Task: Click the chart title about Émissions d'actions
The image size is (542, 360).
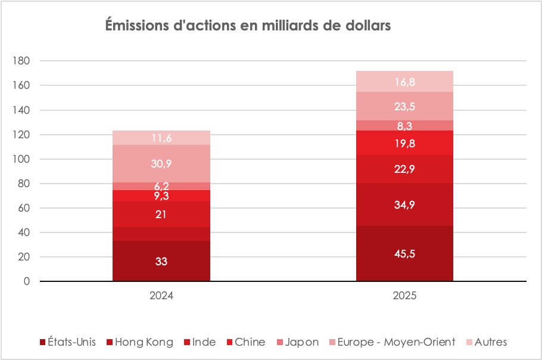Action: pyautogui.click(x=248, y=27)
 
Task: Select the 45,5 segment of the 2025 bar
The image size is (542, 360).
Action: pyautogui.click(x=404, y=253)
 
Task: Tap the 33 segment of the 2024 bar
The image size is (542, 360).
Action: pyautogui.click(x=161, y=261)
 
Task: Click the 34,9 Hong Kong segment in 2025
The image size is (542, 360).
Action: pyautogui.click(x=404, y=204)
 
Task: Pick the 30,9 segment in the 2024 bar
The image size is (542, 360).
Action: pyautogui.click(x=161, y=163)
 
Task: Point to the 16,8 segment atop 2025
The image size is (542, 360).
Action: pyautogui.click(x=404, y=82)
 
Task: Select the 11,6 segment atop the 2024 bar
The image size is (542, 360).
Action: pyautogui.click(x=161, y=138)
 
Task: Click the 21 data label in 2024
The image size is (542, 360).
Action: pyautogui.click(x=161, y=215)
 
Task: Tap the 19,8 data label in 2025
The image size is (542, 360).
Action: pyautogui.click(x=404, y=143)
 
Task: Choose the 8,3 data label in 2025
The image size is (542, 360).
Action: pyautogui.click(x=404, y=126)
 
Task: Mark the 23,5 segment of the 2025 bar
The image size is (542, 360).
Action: pyautogui.click(x=404, y=107)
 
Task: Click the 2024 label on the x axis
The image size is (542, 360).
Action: pyautogui.click(x=161, y=295)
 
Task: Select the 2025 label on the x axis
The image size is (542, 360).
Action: pyautogui.click(x=404, y=295)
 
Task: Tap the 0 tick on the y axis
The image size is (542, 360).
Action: pyautogui.click(x=27, y=281)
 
